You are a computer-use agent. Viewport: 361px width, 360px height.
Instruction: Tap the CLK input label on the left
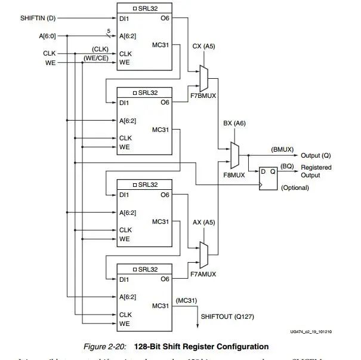(49, 53)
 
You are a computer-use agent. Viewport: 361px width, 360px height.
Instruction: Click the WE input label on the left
(50, 62)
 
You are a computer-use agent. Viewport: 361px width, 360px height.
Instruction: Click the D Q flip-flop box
(266, 177)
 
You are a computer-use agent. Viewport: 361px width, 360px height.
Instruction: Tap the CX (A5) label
(205, 45)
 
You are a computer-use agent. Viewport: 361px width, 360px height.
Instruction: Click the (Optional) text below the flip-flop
(295, 188)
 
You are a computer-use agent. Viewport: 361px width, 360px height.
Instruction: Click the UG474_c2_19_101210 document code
(311, 332)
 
